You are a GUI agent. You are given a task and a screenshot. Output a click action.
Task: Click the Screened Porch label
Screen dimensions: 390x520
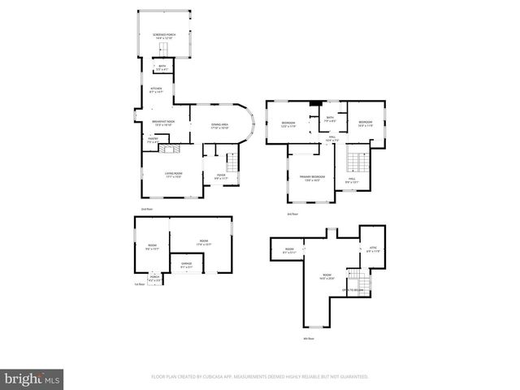[x=164, y=36]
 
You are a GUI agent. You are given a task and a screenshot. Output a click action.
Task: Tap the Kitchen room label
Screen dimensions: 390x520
[x=157, y=89]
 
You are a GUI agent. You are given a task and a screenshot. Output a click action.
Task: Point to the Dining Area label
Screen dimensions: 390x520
[x=220, y=126]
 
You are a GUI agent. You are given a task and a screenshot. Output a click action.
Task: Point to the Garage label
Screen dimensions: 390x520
[x=186, y=266]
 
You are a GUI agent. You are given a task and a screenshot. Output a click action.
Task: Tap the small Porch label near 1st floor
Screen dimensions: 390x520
[x=155, y=279]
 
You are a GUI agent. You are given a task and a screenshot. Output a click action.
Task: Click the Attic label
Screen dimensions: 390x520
[x=373, y=250]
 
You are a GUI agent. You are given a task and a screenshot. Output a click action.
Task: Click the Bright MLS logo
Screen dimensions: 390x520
[x=32, y=378]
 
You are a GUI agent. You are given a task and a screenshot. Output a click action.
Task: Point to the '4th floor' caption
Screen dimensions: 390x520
[x=309, y=338]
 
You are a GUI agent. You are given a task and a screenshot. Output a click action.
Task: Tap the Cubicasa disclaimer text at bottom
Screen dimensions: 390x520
[x=260, y=377]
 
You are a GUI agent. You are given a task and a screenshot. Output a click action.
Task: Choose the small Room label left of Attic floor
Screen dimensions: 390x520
[x=289, y=250]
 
